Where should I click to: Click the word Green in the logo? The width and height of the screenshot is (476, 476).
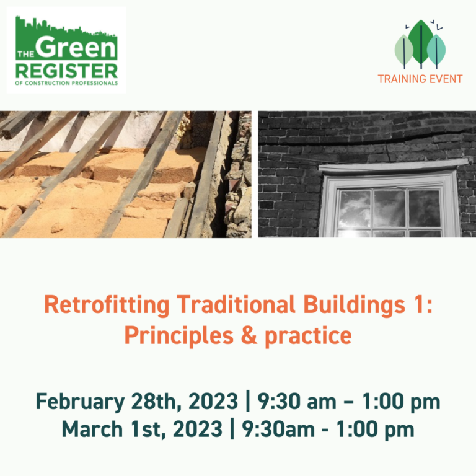pos(77,47)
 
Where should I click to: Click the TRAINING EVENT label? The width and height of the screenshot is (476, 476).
pos(420,79)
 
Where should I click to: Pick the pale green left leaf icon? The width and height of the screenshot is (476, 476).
pos(404,50)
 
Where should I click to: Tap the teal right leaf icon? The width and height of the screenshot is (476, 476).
pos(436,50)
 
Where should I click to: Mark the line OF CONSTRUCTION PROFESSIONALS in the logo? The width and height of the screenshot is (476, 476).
pos(66,83)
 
